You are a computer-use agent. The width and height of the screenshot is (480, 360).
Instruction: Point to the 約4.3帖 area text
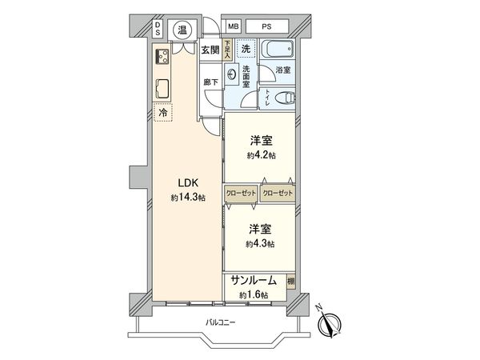260,243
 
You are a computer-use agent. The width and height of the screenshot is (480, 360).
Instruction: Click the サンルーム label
254,281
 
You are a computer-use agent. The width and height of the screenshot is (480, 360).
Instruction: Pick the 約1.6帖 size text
252,294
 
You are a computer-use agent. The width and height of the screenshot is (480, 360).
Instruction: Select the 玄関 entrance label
210,49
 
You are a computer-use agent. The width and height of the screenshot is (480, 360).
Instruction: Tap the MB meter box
233,26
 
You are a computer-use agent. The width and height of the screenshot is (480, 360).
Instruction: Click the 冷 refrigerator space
162,114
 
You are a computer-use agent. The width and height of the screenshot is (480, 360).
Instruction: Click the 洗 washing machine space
246,50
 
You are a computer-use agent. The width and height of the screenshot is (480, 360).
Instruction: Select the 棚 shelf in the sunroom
290,281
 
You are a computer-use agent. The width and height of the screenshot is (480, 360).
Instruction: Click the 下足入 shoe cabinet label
227,50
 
